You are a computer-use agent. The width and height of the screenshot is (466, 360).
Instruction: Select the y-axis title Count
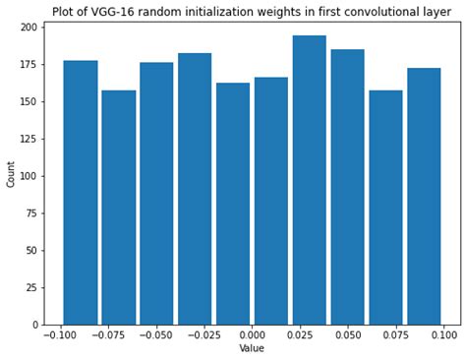pyautogui.click(x=11, y=175)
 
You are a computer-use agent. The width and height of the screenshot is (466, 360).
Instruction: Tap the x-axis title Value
pyautogui.click(x=252, y=348)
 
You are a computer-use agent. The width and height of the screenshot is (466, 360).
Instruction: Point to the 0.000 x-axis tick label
pyautogui.click(x=253, y=334)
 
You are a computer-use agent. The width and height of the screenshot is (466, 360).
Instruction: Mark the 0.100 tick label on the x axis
pyautogui.click(x=443, y=334)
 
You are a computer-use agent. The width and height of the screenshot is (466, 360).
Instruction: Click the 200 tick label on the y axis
pyautogui.click(x=29, y=27)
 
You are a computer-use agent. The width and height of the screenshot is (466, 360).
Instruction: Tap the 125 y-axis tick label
pyautogui.click(x=29, y=139)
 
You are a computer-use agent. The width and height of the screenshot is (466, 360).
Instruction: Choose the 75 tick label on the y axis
pyautogui.click(x=32, y=213)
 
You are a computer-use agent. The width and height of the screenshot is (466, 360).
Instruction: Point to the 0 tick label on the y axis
pyautogui.click(x=35, y=325)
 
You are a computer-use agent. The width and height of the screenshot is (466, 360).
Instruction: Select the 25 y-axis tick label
pyautogui.click(x=32, y=287)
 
